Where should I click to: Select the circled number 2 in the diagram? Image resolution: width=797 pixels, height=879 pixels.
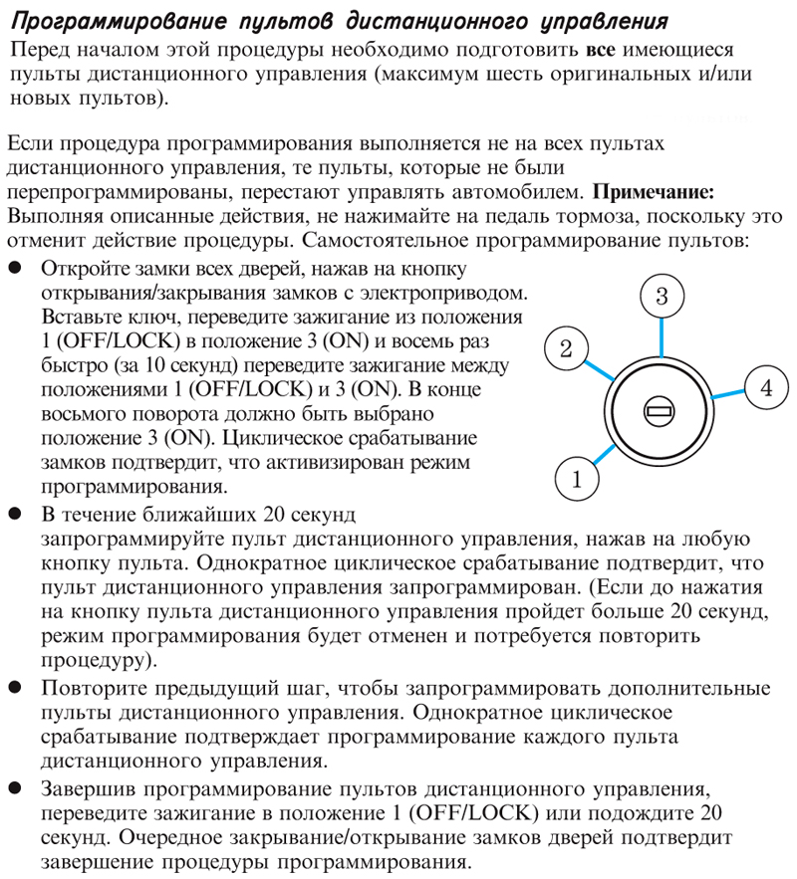[x=565, y=349]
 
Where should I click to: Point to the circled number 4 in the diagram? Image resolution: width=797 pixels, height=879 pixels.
[x=766, y=388]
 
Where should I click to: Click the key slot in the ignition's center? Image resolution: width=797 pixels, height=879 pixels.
[x=658, y=408]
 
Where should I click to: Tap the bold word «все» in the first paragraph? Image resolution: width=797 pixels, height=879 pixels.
[x=605, y=50]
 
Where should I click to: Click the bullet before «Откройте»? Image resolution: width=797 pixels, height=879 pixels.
[x=16, y=271]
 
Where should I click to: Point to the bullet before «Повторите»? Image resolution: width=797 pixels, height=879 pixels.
[x=16, y=689]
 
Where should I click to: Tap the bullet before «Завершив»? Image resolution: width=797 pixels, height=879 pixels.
[x=16, y=789]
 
